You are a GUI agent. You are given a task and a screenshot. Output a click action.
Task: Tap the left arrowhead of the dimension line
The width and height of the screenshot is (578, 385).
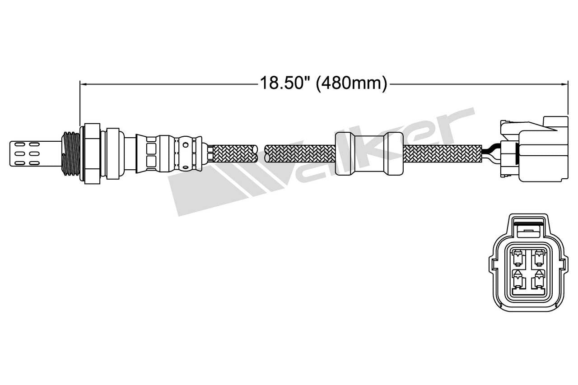[83, 83]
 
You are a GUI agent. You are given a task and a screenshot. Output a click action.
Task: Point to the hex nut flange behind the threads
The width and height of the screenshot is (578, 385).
[92, 153]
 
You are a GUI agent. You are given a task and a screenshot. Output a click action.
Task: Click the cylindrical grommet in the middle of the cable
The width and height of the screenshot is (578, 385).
[368, 153]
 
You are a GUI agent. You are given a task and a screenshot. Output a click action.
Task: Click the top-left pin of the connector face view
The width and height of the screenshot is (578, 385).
[518, 259]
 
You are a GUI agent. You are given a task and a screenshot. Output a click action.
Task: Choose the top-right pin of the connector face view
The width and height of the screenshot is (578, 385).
[538, 259]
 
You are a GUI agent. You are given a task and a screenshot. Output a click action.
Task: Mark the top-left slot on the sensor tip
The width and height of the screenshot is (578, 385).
[20, 145]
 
